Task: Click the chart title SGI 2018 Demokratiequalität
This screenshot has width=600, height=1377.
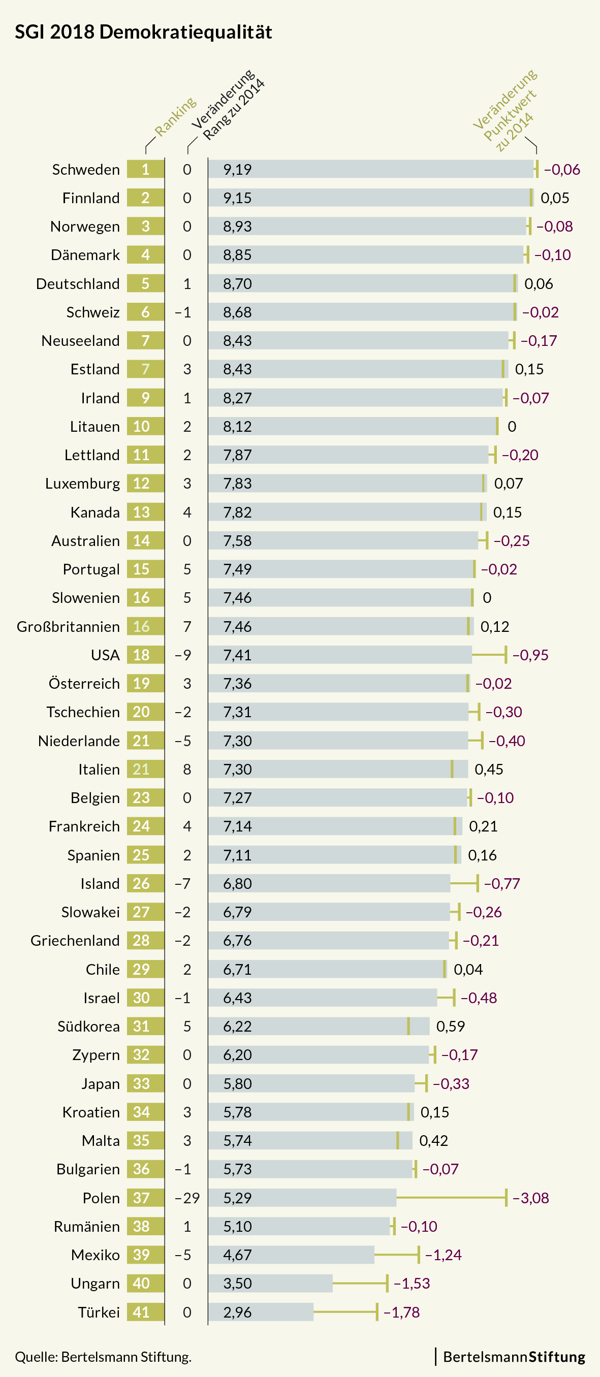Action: click(x=143, y=32)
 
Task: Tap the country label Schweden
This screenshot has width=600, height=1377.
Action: click(x=85, y=170)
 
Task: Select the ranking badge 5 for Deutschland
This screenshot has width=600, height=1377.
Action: click(x=145, y=283)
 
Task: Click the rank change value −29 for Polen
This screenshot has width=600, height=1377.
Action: click(x=186, y=1198)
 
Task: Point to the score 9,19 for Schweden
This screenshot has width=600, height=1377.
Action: click(x=237, y=170)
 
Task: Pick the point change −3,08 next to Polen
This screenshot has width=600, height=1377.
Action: click(x=530, y=1198)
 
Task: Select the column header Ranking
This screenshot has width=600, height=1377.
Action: click(x=175, y=116)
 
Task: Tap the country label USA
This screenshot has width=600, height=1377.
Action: click(x=105, y=655)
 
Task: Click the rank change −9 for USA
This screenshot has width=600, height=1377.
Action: click(x=183, y=655)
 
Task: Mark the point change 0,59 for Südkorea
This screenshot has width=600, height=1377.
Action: click(x=450, y=1027)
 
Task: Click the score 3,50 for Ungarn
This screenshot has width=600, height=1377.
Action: click(x=237, y=1284)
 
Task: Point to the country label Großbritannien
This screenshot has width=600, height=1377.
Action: click(x=68, y=626)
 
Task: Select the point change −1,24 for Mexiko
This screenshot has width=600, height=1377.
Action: click(x=444, y=1255)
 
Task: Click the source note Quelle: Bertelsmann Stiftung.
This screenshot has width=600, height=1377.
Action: click(x=103, y=1357)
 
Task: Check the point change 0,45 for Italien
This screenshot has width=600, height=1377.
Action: click(x=489, y=769)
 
